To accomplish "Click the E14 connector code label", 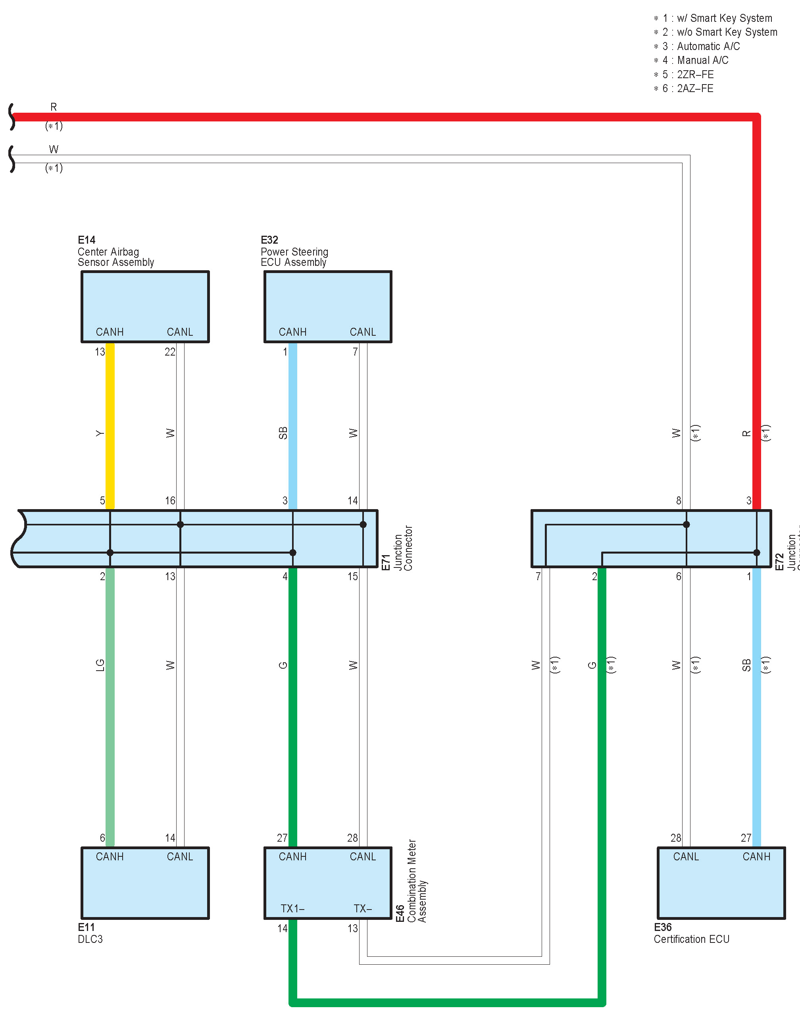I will point(87,240).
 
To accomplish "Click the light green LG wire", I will point(110,705).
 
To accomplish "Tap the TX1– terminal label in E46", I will point(292,908).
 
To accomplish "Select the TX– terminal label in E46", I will point(363,908).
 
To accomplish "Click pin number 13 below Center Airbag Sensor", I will point(100,352).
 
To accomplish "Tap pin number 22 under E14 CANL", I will point(170,352).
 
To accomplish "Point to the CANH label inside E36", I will point(756,857).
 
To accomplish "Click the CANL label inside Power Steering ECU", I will point(363,332).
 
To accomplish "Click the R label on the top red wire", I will point(54,107).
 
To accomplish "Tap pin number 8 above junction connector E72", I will point(679,501).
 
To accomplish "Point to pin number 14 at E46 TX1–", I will point(282,929).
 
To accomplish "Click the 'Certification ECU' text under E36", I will point(691,939).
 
